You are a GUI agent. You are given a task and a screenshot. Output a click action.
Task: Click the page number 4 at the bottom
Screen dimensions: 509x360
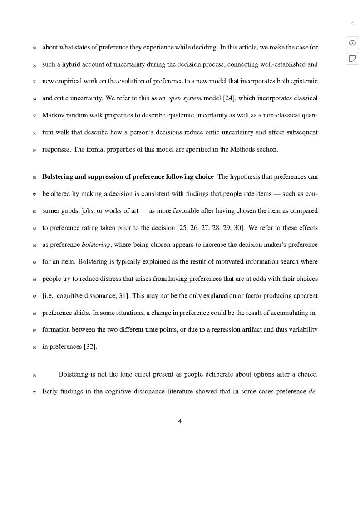180,421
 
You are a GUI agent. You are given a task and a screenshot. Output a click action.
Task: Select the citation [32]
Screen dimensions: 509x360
90,347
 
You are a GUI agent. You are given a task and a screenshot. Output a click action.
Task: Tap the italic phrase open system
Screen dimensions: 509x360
184,98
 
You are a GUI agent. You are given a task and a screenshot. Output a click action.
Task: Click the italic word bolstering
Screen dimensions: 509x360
96,245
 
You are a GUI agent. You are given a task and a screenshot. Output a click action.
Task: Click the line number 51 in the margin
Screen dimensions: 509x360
34,48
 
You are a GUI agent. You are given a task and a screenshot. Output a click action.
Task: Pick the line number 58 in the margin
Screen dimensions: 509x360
34,177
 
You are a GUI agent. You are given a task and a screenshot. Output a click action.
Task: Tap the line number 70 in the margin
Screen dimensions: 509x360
34,392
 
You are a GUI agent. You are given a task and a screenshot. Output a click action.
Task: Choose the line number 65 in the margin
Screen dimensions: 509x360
34,297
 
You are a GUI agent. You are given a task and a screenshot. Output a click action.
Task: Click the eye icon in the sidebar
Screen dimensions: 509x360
352,43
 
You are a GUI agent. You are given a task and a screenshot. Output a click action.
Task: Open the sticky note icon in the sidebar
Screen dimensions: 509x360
352,58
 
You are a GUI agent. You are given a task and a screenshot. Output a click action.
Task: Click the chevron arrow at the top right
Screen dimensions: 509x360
352,23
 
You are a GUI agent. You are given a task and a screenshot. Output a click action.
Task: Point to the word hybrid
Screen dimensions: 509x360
67,64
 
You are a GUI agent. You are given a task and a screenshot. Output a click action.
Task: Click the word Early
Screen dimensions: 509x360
51,391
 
